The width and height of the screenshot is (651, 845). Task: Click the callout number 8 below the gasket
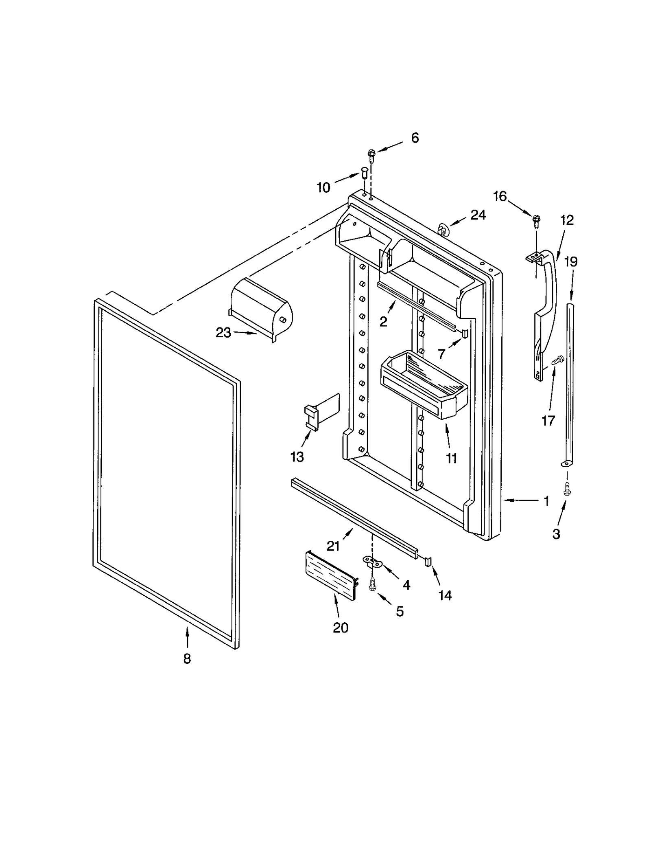pyautogui.click(x=187, y=658)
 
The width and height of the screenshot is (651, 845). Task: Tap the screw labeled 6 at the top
pyautogui.click(x=371, y=154)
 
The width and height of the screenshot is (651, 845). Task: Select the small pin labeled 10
pyautogui.click(x=364, y=175)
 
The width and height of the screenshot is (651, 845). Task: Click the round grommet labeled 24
pyautogui.click(x=442, y=229)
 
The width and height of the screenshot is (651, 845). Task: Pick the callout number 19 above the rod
pyautogui.click(x=571, y=261)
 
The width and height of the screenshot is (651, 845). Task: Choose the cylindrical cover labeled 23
pyautogui.click(x=260, y=309)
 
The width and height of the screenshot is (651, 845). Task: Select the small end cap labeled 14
pyautogui.click(x=427, y=562)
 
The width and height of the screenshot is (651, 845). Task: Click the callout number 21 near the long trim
pyautogui.click(x=333, y=546)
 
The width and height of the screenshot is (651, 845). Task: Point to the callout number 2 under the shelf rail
pyautogui.click(x=383, y=321)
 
